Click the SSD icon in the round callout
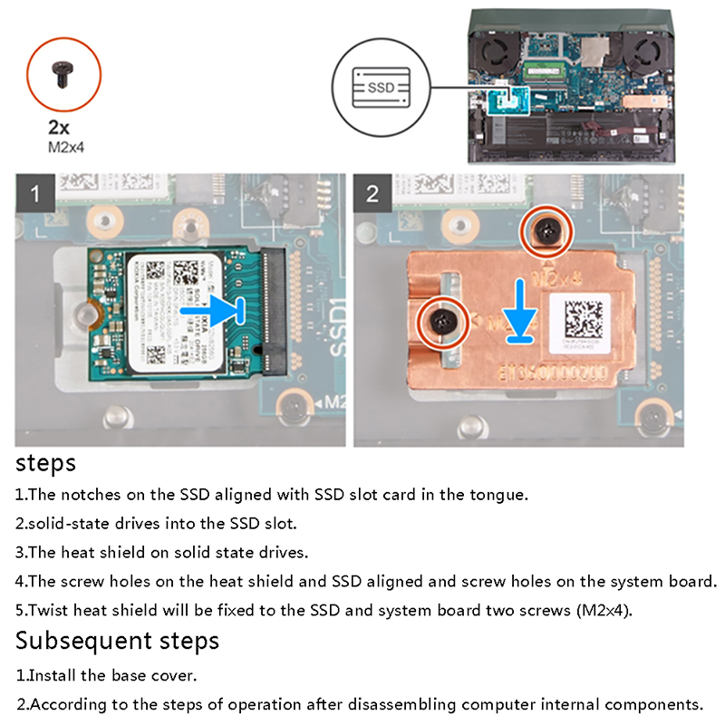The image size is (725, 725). coord(380,88)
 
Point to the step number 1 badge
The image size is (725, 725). coord(36,194)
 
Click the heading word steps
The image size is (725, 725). coord(46,464)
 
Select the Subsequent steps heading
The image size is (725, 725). coord(118,641)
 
